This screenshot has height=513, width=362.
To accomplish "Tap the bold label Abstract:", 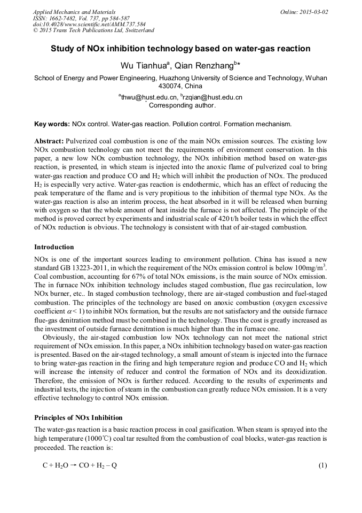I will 49,140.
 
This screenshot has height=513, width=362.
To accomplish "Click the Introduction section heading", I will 54,247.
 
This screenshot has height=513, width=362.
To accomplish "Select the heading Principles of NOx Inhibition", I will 78,417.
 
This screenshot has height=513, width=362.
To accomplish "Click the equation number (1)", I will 322,465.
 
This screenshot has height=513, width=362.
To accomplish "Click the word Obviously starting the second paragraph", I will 58,338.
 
